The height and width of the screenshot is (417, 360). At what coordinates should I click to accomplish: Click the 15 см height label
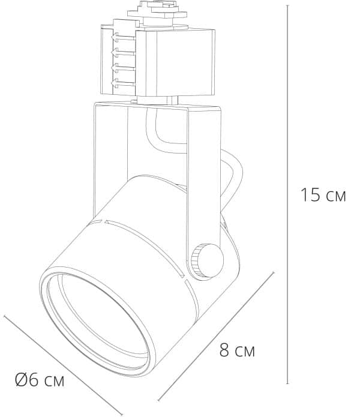click(x=323, y=195)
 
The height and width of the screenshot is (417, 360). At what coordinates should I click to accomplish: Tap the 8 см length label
click(x=236, y=350)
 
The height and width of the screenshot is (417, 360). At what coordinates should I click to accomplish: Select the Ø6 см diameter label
click(x=39, y=379)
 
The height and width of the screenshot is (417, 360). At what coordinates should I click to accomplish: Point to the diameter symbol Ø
click(x=20, y=379)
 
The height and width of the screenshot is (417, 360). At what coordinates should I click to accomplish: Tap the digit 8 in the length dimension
click(x=224, y=350)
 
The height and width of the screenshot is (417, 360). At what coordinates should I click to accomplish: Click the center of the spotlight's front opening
click(x=96, y=324)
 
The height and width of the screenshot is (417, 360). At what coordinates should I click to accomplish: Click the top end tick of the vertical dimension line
click(x=289, y=5)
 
